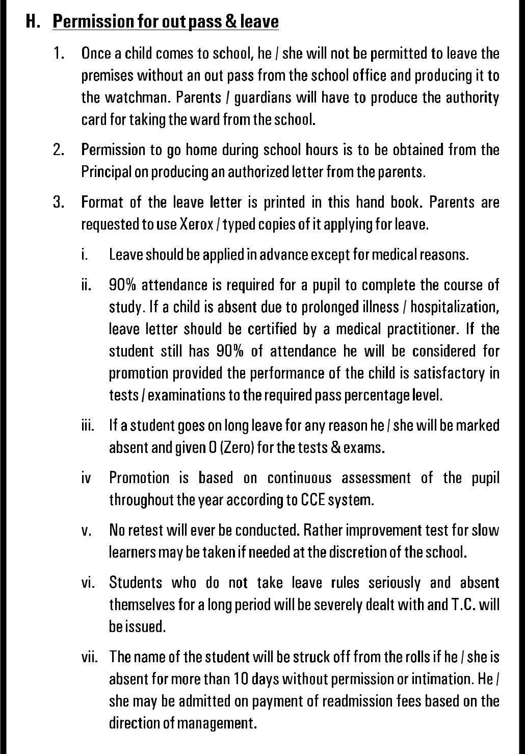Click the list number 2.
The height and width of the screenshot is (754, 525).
coord(59,150)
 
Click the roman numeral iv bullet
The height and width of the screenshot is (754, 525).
coord(86,478)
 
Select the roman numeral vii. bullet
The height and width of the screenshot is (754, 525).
coord(90,657)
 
